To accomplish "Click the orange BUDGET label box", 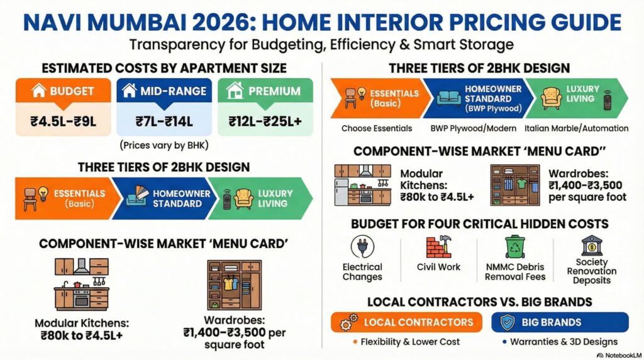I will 63,91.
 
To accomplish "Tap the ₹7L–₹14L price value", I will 162,121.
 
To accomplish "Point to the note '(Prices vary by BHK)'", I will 162,146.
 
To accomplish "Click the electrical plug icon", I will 362,247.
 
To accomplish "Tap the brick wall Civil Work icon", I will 438,247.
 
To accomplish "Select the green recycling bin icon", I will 515,247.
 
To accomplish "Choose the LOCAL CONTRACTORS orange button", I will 406,322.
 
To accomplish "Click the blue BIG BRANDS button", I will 559,322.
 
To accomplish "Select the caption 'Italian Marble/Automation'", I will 576,128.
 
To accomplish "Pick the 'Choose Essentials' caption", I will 377,128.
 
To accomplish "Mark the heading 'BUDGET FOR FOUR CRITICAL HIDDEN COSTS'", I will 479,223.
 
